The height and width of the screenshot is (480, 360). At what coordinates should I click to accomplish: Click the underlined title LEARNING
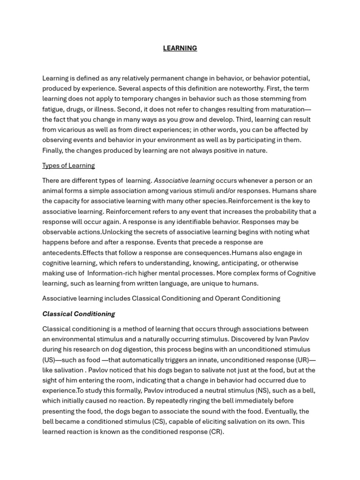(180, 48)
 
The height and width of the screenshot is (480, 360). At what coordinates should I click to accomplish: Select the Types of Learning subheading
(68, 165)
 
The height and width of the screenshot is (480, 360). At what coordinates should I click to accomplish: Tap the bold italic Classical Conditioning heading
(79, 314)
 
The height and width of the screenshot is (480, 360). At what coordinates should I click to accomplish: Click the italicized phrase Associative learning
(184, 180)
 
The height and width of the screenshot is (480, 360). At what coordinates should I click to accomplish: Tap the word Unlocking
(118, 232)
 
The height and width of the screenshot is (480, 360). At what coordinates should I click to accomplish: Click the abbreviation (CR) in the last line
(216, 432)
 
